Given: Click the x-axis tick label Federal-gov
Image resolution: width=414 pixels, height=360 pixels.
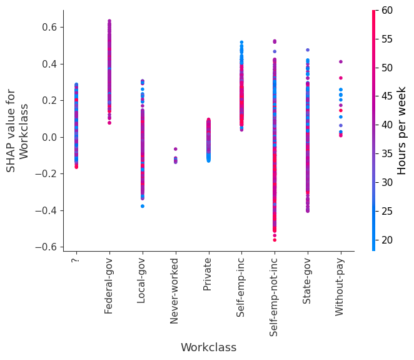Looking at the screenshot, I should point(109,285).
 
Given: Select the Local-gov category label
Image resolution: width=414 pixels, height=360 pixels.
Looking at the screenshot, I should point(142,280).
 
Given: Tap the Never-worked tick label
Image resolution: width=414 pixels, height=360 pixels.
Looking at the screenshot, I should point(175,291).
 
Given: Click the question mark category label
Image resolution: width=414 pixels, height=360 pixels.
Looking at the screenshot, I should point(76,260).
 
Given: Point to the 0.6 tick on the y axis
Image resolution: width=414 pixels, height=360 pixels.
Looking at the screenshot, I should point(49,28).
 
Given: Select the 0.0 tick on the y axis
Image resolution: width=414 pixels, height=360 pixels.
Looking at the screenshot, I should point(49,137).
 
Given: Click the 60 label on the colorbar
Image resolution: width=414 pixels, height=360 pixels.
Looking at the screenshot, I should point(388,10).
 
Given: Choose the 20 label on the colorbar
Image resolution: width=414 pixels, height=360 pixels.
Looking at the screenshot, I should point(388,240).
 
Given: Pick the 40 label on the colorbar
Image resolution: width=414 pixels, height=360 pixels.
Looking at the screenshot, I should point(388,125).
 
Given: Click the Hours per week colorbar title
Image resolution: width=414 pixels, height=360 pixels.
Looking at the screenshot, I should point(403,130).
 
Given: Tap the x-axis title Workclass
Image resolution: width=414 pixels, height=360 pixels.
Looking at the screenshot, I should point(208,347).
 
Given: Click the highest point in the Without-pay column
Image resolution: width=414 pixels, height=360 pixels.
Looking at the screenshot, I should point(341,61).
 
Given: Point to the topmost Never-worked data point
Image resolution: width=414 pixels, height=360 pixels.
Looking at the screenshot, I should point(175,149).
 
